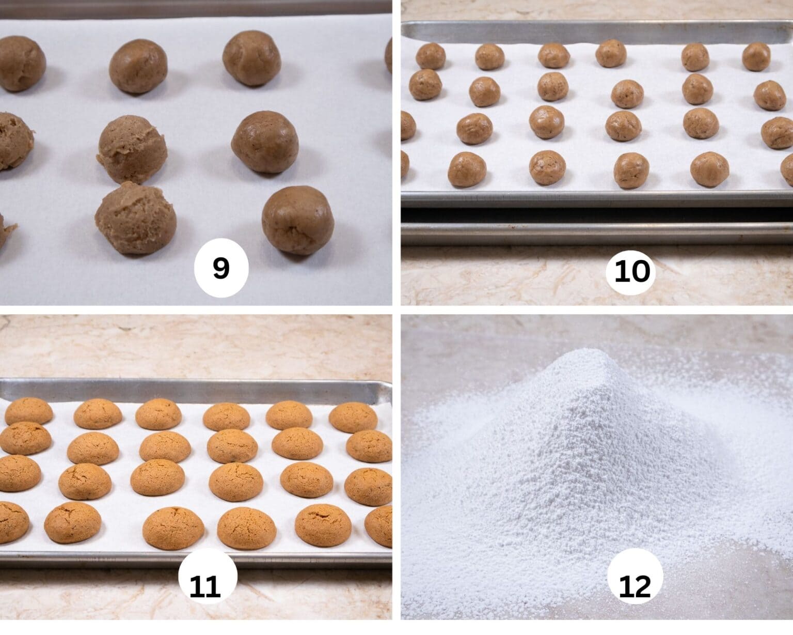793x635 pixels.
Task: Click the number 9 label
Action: click(221, 269)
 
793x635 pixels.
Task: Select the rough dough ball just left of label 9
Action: click(135, 218)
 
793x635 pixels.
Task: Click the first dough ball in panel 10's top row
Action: click(431, 56)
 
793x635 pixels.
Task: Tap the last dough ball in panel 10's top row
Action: click(756, 56)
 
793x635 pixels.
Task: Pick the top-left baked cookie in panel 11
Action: click(28, 411)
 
